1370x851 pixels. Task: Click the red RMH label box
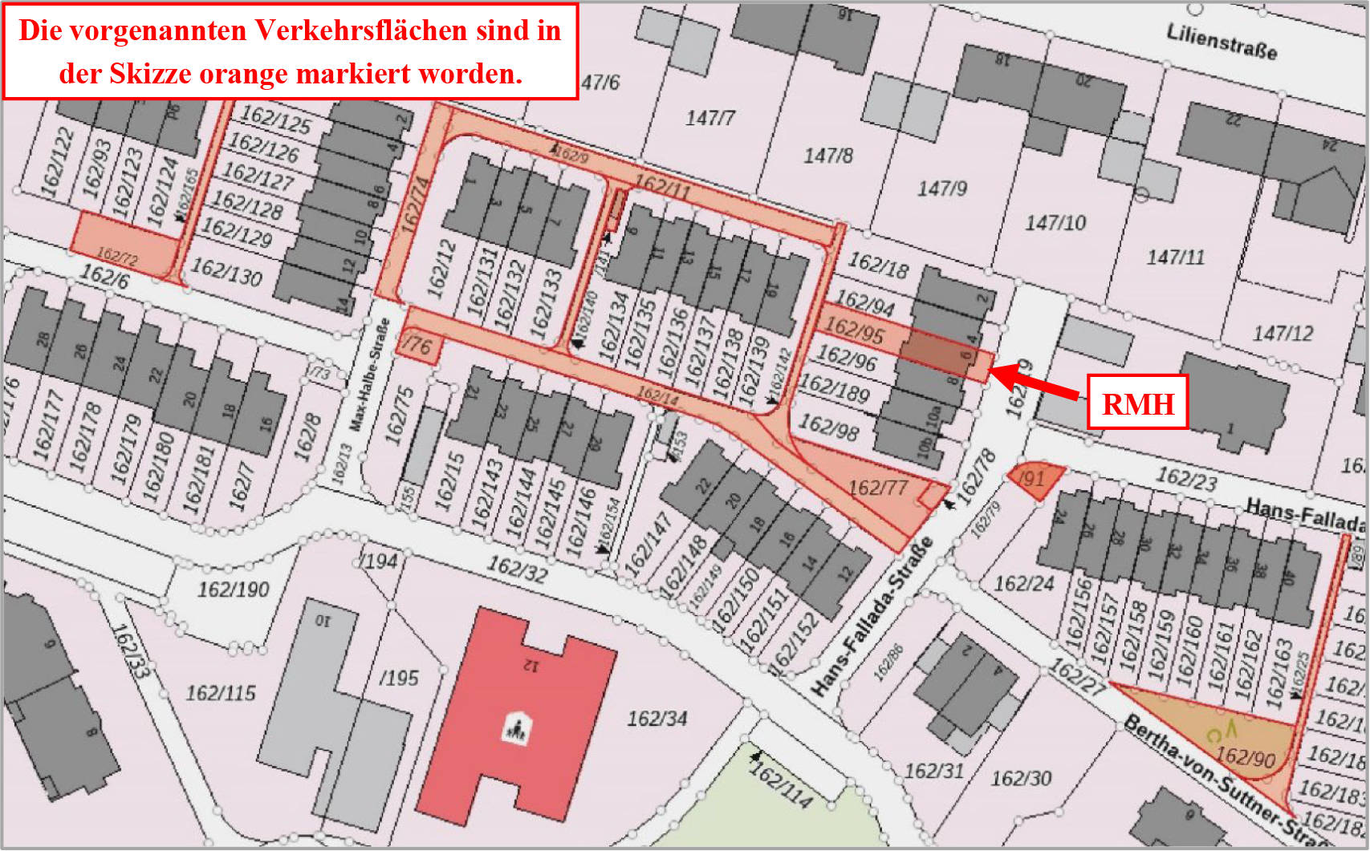(x=1137, y=403)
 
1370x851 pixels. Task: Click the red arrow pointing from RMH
(x=1035, y=381)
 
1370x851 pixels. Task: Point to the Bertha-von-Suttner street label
(x=1228, y=782)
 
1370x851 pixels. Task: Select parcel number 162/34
(x=657, y=719)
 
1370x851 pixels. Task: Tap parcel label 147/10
(x=1055, y=222)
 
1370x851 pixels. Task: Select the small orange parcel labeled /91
(x=1035, y=480)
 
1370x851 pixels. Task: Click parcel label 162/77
(x=877, y=487)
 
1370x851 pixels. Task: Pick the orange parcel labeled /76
(x=418, y=346)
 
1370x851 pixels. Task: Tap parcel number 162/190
(x=233, y=590)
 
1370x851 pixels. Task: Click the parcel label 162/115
(x=221, y=693)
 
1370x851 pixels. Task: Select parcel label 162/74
(x=414, y=205)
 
